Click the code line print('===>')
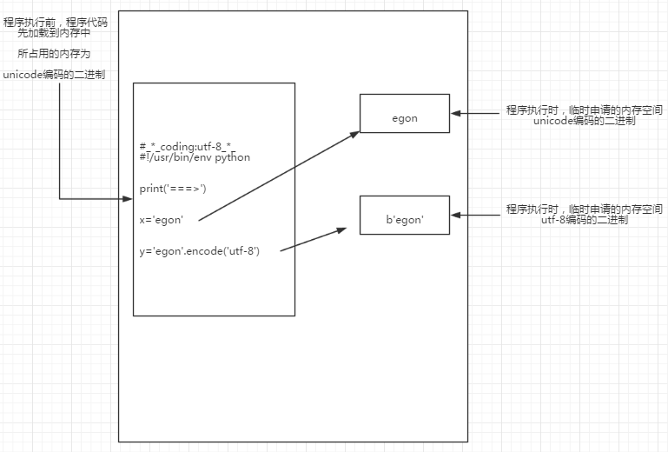click(173, 188)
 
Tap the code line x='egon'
click(161, 220)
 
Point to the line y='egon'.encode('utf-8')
click(199, 251)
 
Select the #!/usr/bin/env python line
click(195, 157)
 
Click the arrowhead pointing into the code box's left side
click(127, 199)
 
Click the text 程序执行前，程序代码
click(55, 22)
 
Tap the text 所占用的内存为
click(54, 54)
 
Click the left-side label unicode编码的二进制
click(55, 75)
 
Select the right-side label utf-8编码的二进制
click(584, 221)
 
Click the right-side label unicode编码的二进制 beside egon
click(584, 122)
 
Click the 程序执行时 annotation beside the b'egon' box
click(584, 209)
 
